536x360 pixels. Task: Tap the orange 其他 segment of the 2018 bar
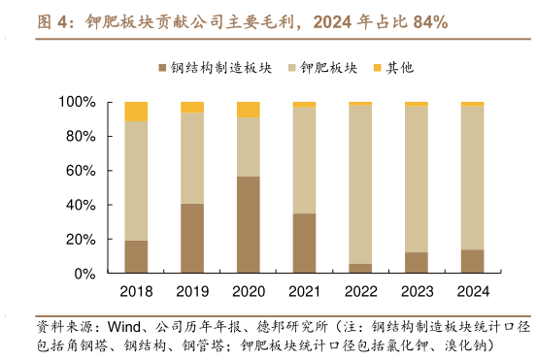pos(136,111)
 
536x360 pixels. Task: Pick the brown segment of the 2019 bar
pos(192,238)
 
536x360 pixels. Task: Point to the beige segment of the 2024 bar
pos(472,177)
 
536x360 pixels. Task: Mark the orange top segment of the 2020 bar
pos(248,110)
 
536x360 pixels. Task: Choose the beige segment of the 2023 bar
pos(416,179)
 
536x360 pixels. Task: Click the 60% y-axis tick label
pos(80,171)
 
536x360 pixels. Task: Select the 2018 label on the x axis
pos(136,290)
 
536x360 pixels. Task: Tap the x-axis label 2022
pos(360,290)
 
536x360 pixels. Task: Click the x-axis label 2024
pos(472,290)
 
